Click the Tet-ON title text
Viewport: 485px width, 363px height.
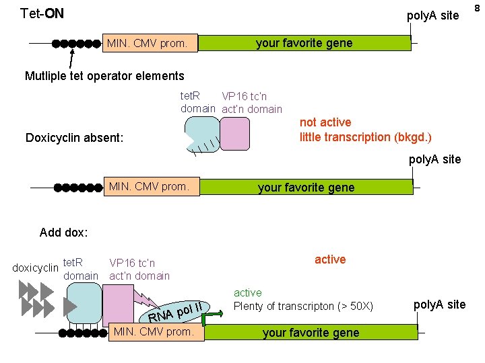(x=42, y=13)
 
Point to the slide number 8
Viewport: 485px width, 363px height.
(x=477, y=7)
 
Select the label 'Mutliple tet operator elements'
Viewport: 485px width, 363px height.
(x=104, y=76)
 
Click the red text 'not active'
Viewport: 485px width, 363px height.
(x=325, y=122)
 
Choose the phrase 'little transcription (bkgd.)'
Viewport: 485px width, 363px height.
(x=366, y=137)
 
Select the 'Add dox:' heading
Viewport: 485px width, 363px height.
(x=64, y=233)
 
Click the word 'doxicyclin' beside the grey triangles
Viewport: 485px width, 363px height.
(x=36, y=268)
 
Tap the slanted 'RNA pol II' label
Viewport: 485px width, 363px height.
(x=176, y=311)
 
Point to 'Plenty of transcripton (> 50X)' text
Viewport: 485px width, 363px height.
(x=303, y=306)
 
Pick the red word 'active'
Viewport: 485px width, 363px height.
(x=330, y=259)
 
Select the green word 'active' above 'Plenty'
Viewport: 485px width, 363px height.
(x=248, y=292)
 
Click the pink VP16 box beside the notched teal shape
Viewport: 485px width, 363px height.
(x=234, y=134)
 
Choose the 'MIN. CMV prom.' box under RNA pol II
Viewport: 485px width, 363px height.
(x=156, y=331)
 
